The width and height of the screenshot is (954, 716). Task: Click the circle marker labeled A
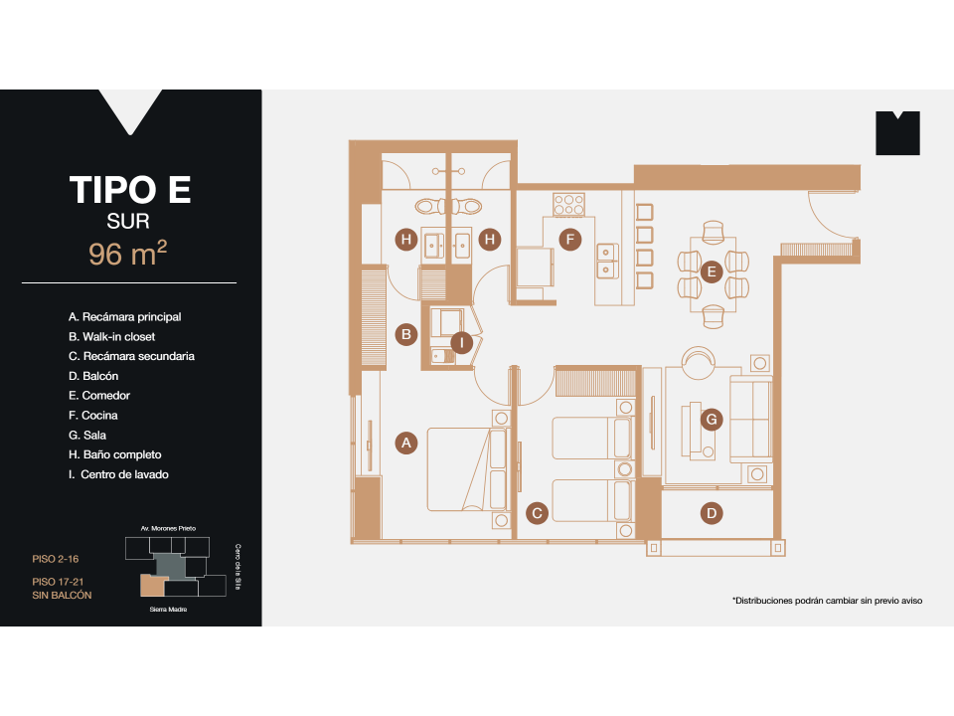[x=404, y=444]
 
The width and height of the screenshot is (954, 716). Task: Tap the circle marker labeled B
[x=404, y=334]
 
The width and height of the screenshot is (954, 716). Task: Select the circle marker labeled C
[x=537, y=513]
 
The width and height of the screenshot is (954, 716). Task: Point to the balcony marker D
[x=712, y=513]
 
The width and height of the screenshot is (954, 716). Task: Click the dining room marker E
[x=710, y=271]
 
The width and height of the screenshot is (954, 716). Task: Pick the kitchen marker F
[x=568, y=240]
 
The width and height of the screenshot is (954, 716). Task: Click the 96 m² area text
[x=127, y=255]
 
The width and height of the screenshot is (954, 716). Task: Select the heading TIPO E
[x=129, y=189]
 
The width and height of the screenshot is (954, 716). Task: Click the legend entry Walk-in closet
[x=111, y=336]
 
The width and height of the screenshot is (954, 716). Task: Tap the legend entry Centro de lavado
[x=118, y=474]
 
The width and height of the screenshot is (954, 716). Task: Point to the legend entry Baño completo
[x=115, y=454]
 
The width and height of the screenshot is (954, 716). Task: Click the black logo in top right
[x=897, y=133]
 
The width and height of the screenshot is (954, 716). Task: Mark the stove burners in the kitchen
[x=568, y=204]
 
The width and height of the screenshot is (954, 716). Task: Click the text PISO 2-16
[x=57, y=560]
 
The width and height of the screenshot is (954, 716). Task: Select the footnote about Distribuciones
[x=827, y=601]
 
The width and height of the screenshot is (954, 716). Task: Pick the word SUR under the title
[x=127, y=221]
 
